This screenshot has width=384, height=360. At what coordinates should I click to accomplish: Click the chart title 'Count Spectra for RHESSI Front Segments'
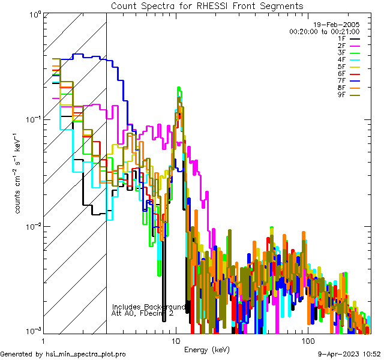(207, 5)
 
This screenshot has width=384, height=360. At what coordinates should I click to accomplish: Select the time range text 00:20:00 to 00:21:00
(325, 31)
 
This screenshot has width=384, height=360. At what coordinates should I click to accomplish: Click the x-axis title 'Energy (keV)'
(206, 350)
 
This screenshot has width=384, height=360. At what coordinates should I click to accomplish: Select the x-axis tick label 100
(307, 341)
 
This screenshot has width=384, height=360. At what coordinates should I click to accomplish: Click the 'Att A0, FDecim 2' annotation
(143, 313)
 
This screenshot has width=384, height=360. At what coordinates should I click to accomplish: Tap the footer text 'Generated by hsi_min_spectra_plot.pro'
(63, 355)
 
